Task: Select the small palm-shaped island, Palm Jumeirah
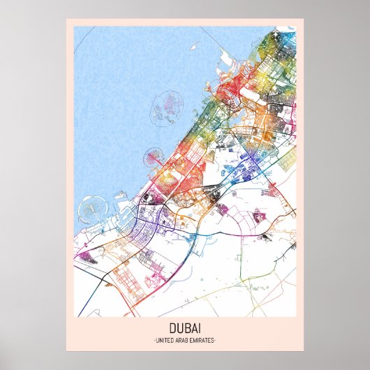point(151,158)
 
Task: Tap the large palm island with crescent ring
point(92,209)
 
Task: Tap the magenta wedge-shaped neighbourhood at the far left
point(85,259)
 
